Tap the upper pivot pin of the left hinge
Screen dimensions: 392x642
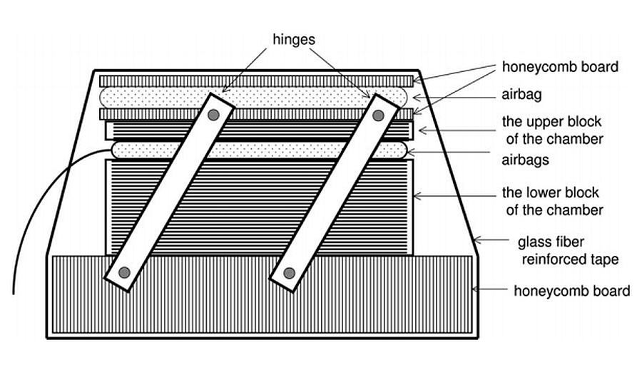(212, 114)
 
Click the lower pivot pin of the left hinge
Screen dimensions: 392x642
(124, 272)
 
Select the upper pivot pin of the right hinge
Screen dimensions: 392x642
(378, 115)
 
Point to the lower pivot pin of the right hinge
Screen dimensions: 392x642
(289, 272)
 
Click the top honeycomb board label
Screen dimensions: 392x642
(560, 67)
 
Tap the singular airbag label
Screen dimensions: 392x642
(522, 95)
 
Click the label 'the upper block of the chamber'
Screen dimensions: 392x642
(552, 130)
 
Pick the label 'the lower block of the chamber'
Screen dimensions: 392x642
(552, 201)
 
